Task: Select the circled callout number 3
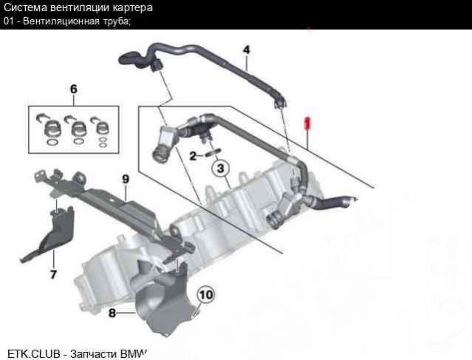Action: pos(221,169)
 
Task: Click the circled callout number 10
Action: pos(205,295)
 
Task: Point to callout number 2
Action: pos(193,156)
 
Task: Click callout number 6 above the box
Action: pos(73,89)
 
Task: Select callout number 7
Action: pos(52,274)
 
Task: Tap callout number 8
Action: pos(112,313)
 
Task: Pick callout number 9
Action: pos(125,178)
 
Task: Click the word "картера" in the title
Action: pos(134,7)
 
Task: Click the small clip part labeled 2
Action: pos(211,154)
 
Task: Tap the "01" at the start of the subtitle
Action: pos(9,20)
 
